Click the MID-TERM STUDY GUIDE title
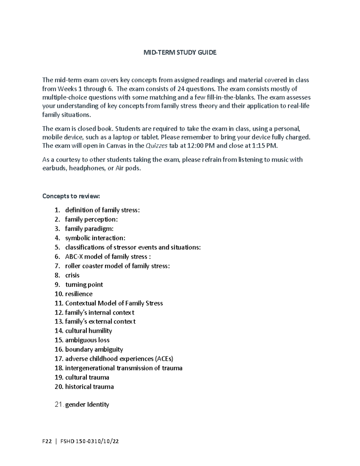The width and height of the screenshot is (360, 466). point(180,53)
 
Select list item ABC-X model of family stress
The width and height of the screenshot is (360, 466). point(106,257)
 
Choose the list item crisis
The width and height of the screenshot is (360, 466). point(72,275)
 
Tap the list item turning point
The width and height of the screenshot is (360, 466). point(84,284)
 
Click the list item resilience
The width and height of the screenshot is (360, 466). point(79,294)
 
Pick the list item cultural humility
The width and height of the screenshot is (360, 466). point(88,331)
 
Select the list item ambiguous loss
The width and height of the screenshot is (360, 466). point(87,340)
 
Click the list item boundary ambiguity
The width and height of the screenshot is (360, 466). point(94,349)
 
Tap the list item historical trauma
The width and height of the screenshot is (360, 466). point(89,386)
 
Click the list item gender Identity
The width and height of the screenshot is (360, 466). point(87,404)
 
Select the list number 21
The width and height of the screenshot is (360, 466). point(59,404)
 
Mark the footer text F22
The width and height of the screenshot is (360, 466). point(47,441)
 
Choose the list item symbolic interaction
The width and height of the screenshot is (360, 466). point(95,238)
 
